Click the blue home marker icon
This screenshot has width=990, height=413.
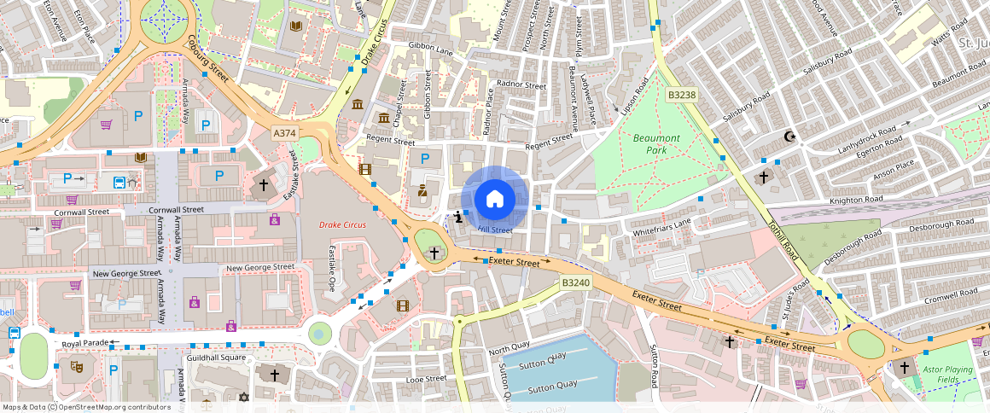(494, 199)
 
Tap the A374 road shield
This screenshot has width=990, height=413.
(285, 133)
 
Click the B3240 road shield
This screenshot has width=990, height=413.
(575, 282)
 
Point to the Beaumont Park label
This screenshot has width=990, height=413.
(656, 143)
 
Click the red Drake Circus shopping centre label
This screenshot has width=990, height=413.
(341, 225)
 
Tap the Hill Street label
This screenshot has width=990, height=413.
(495, 230)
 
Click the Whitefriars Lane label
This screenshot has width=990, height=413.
(662, 228)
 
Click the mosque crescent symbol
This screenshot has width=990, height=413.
(789, 136)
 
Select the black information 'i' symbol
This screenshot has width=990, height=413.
(460, 217)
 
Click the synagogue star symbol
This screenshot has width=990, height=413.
(243, 398)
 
